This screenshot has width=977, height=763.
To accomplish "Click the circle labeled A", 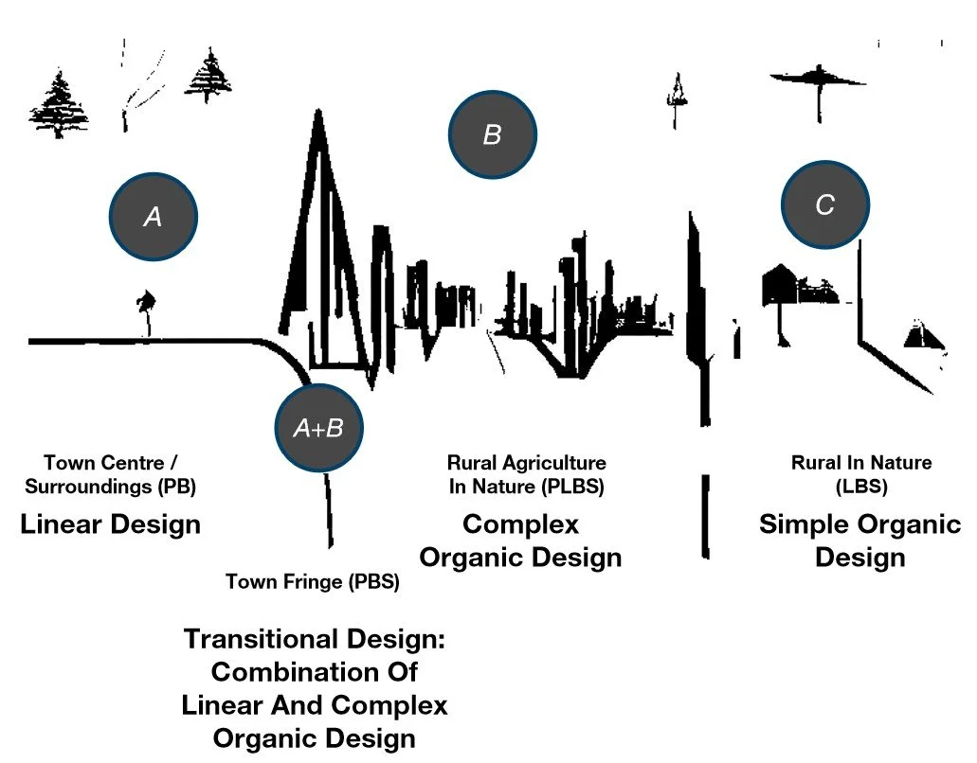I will point(154,217).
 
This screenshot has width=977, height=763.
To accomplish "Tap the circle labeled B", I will point(492,134).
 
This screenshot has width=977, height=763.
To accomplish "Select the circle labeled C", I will point(824,204).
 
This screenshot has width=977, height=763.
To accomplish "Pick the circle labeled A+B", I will point(318,429).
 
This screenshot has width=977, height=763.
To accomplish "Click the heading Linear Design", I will point(111,523).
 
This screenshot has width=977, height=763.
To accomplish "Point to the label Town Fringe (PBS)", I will point(312,582).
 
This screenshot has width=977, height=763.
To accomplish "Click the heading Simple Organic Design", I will point(860,540).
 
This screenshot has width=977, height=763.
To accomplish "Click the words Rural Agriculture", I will point(527,463).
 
